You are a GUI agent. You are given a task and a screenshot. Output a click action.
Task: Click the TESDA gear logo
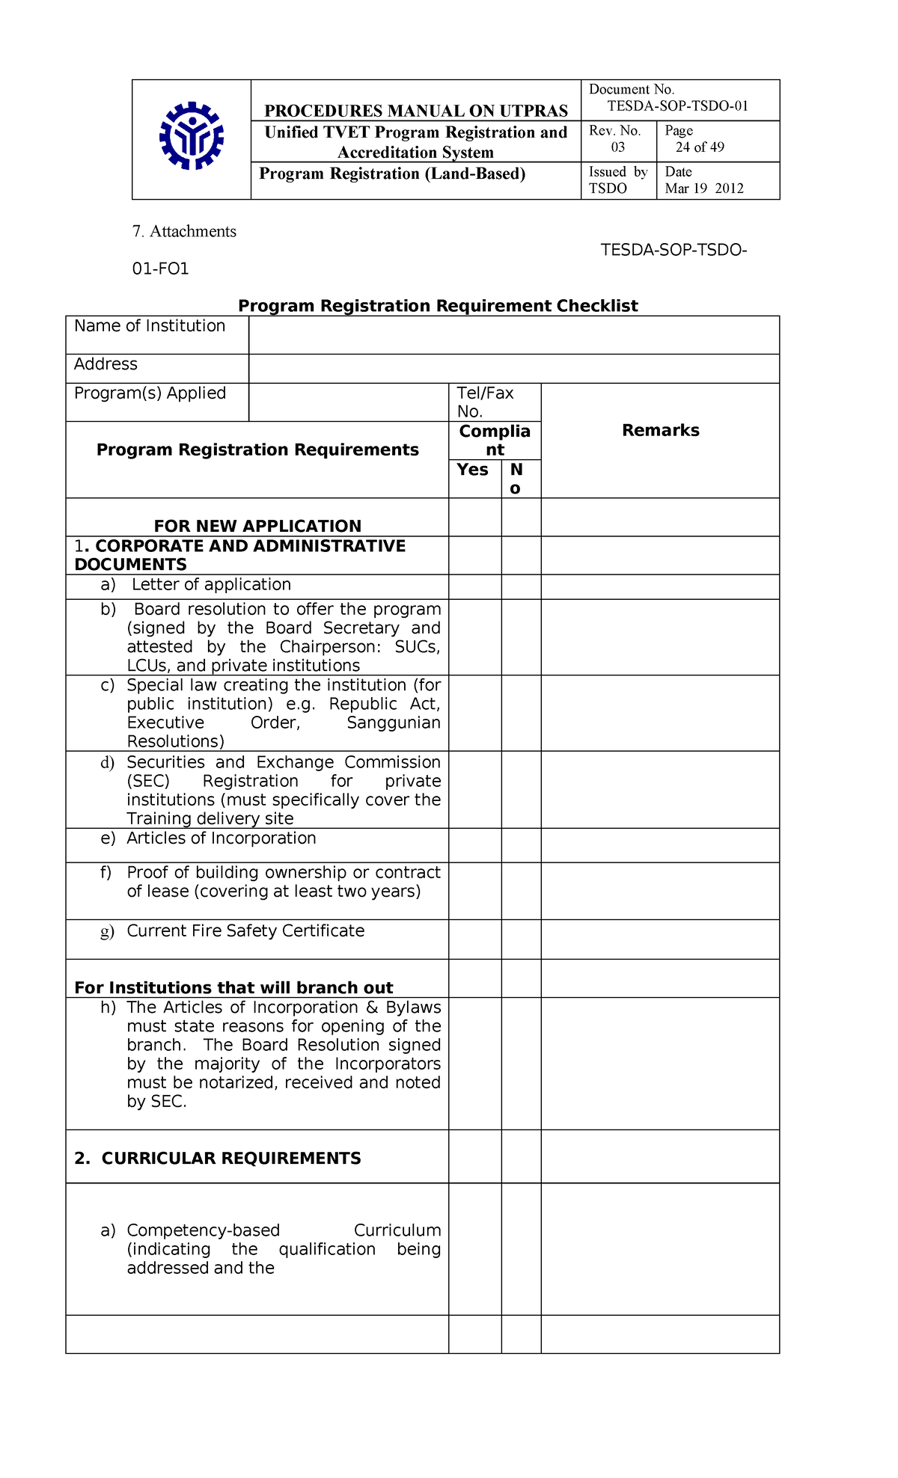tap(192, 137)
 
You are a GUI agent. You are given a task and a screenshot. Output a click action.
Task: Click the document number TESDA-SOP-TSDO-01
tap(677, 106)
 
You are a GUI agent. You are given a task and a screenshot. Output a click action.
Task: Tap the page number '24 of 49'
tap(700, 147)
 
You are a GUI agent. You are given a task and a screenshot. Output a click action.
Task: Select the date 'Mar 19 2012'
tap(704, 188)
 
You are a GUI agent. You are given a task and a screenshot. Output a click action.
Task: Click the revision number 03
tap(618, 147)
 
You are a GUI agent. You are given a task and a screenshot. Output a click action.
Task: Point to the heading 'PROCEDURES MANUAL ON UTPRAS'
tap(416, 111)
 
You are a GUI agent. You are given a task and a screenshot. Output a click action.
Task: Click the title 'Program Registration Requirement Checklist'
tap(438, 306)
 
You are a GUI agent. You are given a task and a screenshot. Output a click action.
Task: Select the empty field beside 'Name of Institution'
tap(513, 335)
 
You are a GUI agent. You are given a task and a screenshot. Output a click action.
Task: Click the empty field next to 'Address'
tap(513, 369)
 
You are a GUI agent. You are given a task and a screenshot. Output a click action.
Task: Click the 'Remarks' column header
tap(660, 430)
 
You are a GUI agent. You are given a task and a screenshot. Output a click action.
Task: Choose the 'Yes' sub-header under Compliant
tap(473, 470)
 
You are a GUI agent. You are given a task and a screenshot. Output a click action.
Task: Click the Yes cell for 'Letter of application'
tap(474, 586)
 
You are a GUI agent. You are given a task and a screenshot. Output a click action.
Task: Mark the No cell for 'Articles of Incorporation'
tap(521, 845)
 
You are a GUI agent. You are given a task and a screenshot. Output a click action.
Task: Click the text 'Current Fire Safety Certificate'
tap(245, 931)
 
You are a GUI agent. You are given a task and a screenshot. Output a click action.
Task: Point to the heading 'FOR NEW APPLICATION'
tap(257, 526)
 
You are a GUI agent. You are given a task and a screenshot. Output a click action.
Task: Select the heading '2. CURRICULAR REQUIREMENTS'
tap(218, 1159)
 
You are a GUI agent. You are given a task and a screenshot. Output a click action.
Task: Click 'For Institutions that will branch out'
tap(233, 987)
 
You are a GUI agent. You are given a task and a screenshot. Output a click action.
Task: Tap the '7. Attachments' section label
tap(184, 232)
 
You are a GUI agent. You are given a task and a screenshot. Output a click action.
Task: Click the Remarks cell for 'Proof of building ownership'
tap(660, 891)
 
